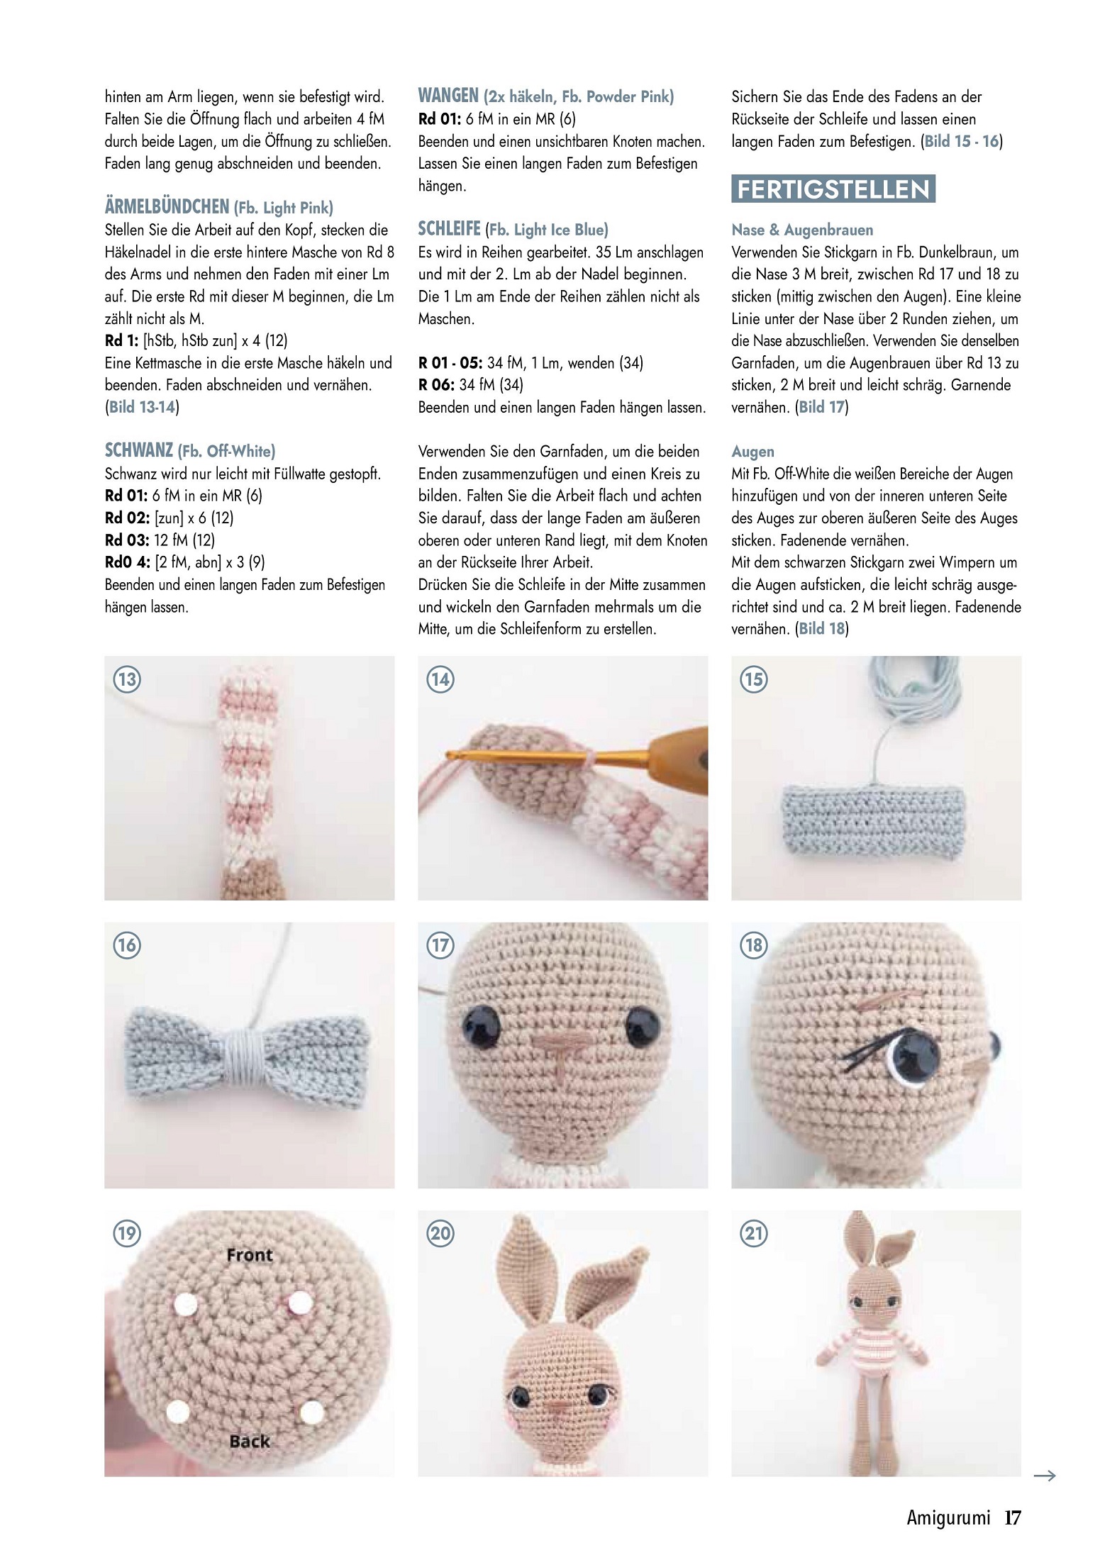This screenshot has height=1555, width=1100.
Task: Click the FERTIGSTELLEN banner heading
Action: (833, 189)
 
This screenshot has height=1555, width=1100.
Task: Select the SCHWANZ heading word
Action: (139, 450)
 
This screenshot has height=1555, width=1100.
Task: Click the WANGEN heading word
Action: (448, 96)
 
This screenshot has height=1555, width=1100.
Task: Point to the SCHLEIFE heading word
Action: (450, 229)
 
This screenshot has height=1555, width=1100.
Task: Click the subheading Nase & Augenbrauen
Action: (802, 230)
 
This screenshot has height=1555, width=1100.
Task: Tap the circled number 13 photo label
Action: (127, 679)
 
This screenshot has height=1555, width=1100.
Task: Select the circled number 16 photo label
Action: (127, 945)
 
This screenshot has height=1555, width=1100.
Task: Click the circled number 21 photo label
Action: (754, 1234)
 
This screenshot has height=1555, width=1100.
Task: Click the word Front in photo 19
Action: (250, 1255)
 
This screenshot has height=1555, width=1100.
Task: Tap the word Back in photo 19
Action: (250, 1441)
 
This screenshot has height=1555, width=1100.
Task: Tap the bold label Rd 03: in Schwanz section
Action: (127, 540)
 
